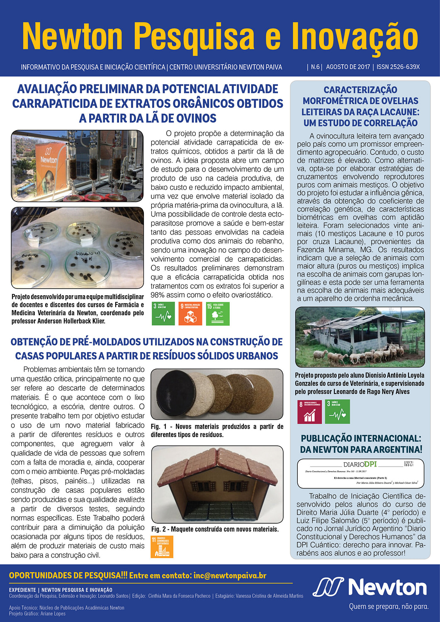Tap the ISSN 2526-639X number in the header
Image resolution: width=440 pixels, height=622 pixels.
tap(398, 67)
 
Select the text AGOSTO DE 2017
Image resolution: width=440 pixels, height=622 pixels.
tap(348, 67)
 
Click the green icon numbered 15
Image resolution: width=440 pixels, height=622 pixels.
tap(217, 313)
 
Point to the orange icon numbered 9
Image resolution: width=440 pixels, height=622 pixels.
tap(190, 313)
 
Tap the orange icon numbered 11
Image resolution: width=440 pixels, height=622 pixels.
tap(162, 547)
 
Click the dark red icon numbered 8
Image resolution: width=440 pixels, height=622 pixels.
tap(309, 411)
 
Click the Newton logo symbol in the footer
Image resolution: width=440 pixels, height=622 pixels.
tap(328, 587)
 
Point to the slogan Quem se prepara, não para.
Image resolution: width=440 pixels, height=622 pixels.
tap(389, 607)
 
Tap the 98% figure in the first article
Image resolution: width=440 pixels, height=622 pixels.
tap(158, 295)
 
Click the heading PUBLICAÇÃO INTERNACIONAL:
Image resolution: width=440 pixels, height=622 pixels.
tap(361, 438)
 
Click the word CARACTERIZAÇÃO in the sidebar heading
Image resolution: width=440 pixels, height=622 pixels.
tap(360, 90)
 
